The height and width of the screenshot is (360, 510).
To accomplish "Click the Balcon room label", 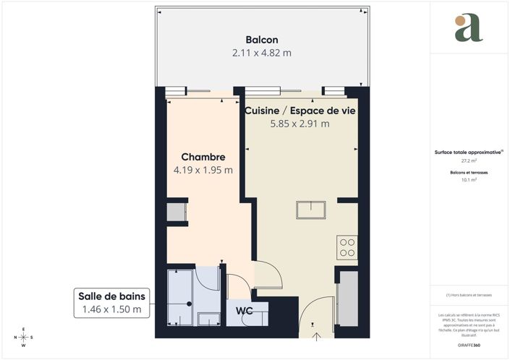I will (x=261, y=40).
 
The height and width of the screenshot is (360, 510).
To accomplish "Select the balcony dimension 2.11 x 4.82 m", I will (x=261, y=53).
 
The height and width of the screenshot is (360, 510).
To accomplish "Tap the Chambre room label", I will (x=203, y=157).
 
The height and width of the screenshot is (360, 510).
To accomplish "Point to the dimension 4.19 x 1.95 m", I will (x=203, y=171).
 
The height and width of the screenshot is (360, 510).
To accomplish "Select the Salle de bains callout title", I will (x=111, y=296).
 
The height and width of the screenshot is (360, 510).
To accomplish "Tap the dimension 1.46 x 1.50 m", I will (x=111, y=309).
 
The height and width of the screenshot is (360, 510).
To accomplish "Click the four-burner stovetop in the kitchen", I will (x=347, y=247).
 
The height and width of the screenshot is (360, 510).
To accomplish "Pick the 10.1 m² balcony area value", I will (x=468, y=180).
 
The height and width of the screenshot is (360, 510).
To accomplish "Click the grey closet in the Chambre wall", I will (x=176, y=213).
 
